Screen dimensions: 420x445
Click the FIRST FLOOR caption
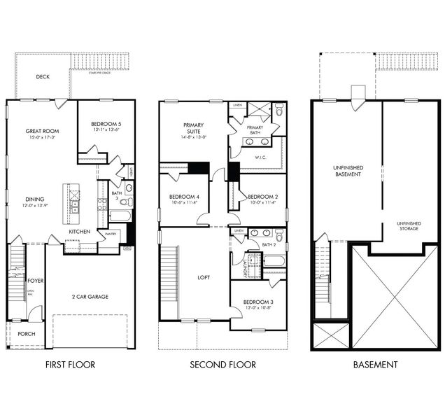pyautogui.click(x=70, y=365)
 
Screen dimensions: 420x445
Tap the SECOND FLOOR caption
pyautogui.click(x=223, y=365)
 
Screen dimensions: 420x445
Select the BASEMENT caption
pyautogui.click(x=375, y=365)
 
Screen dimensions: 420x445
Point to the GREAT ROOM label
pyautogui.click(x=41, y=131)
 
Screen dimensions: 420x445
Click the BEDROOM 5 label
pyautogui.click(x=106, y=123)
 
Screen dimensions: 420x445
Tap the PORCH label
pyautogui.click(x=27, y=334)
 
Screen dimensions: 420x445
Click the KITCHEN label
pyautogui.click(x=79, y=231)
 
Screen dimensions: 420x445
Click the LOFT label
pyautogui.click(x=204, y=277)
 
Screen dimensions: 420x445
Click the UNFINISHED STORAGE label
pyautogui.click(x=409, y=226)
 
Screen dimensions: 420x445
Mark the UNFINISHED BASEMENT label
pyautogui.click(x=346, y=170)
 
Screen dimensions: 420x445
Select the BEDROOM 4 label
pyautogui.click(x=184, y=197)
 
